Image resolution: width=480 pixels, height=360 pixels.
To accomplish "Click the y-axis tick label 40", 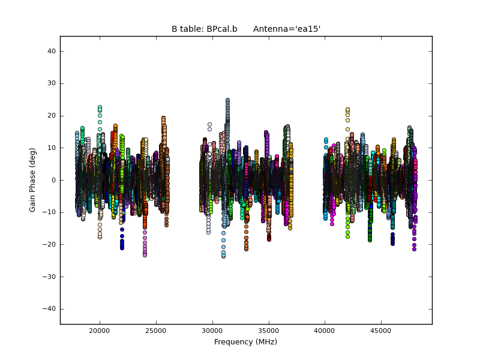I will click(52, 51).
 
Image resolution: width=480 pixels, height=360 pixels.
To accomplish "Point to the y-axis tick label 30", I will click(52, 83).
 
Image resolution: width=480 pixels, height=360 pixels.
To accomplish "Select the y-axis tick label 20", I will click(52, 116).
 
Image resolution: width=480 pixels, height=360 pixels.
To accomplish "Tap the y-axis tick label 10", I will click(52, 148).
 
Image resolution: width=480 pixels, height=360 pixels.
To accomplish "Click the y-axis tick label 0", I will click(54, 180).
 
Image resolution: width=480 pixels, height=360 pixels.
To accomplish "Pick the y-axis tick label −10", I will click(50, 212).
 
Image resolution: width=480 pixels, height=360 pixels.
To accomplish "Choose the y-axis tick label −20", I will click(50, 244).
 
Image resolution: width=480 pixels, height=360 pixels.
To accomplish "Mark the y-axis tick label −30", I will click(50, 277).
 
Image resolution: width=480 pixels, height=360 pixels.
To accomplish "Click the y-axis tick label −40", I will click(50, 309).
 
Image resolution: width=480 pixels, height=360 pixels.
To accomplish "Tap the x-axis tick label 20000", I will click(100, 331).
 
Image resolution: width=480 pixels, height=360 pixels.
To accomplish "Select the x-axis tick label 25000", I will click(156, 331).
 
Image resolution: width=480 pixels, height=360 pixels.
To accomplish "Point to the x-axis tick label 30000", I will click(212, 331).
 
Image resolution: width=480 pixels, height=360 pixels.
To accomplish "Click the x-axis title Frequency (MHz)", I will click(245, 342).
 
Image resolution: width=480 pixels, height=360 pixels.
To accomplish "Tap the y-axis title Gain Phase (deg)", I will click(33, 180).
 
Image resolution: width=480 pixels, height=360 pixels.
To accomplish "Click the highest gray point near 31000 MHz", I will click(227, 100).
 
